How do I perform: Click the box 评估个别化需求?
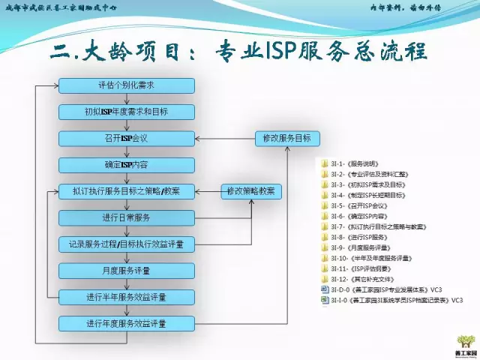click(127, 86)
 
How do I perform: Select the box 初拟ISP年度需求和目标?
click(127, 112)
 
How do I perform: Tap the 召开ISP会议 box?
click(127, 139)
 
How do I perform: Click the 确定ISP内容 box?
click(127, 165)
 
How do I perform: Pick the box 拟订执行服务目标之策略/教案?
click(127, 191)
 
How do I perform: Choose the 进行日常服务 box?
click(127, 217)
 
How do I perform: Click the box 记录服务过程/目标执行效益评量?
click(127, 244)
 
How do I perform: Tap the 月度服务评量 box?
click(127, 271)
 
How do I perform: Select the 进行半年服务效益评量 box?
click(127, 297)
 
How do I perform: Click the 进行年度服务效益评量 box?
click(127, 324)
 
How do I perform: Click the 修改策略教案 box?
click(251, 191)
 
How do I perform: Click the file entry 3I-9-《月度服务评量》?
click(360, 247)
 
